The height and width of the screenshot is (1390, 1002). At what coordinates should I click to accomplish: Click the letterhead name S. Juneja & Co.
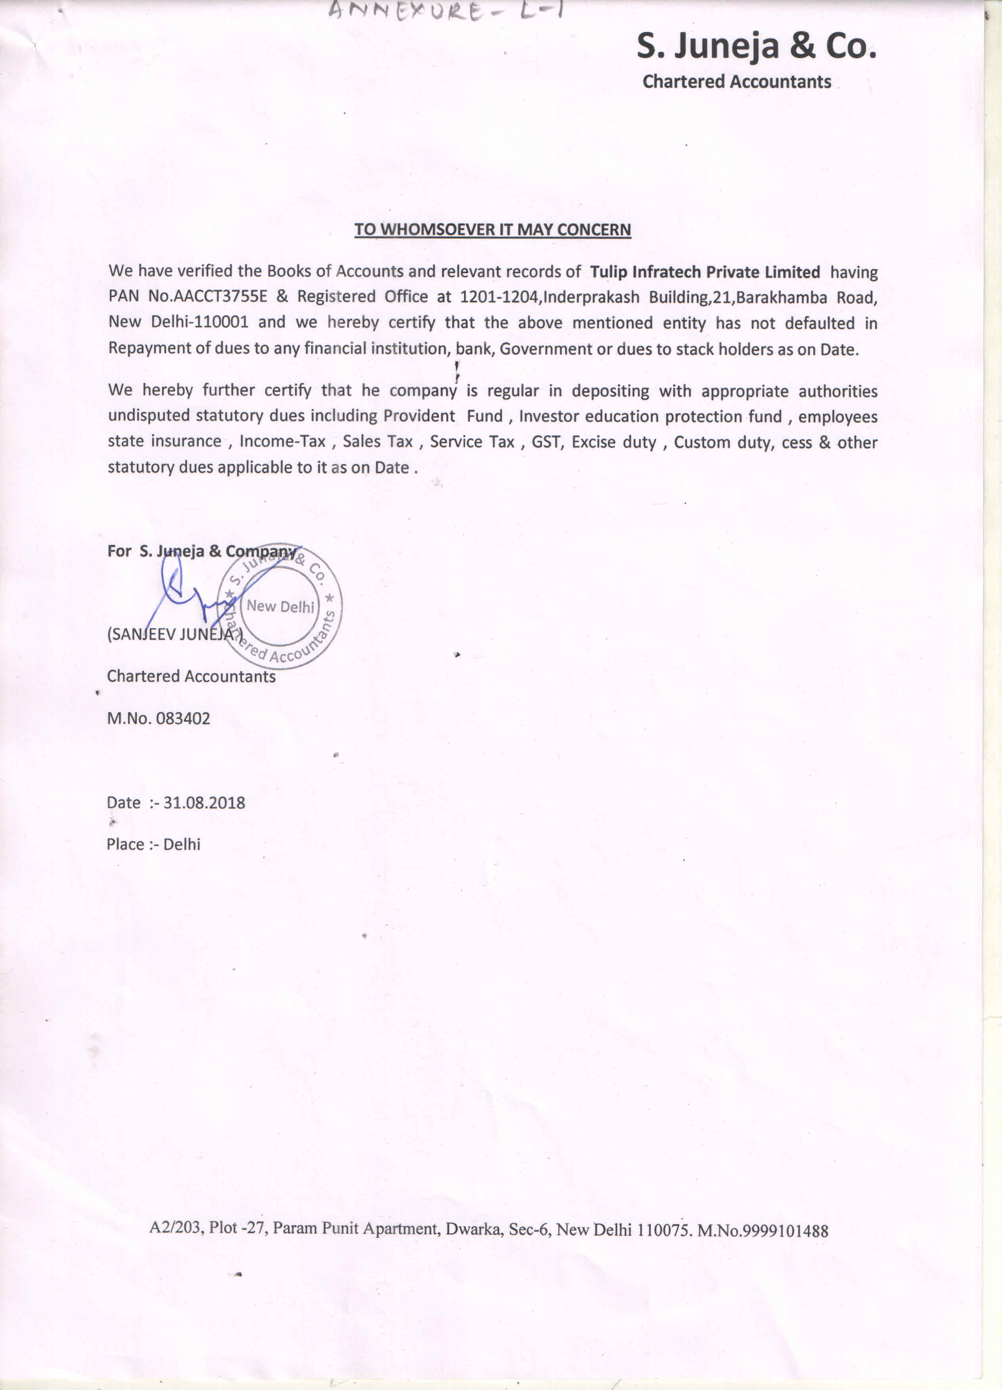[x=756, y=46]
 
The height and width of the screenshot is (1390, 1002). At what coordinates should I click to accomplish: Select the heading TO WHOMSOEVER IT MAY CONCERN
[x=492, y=230]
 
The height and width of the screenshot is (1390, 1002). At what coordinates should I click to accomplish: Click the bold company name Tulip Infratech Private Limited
[x=705, y=272]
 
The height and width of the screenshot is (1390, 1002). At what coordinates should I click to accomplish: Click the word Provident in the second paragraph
[x=419, y=416]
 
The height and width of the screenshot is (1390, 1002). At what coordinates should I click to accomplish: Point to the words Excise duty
[x=614, y=442]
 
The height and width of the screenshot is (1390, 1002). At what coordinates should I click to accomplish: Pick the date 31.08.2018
[x=204, y=803]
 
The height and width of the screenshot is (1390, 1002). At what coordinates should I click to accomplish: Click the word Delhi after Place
[x=182, y=845]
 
